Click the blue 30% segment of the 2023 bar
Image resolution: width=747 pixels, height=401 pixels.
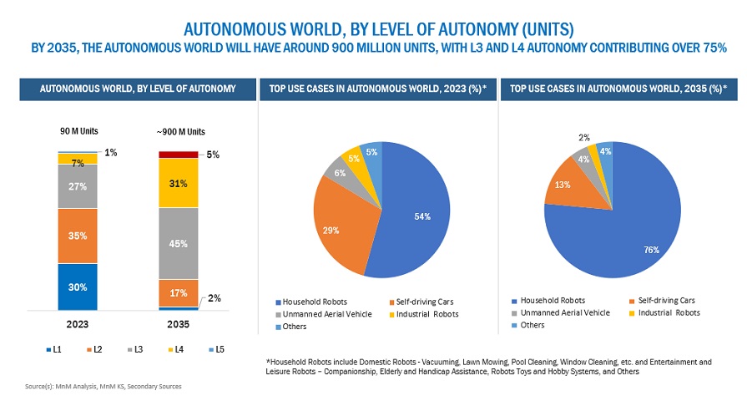pos(78,287)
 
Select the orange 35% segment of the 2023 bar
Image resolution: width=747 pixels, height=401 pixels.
pos(78,236)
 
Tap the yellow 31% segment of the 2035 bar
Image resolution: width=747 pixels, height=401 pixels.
pos(178,183)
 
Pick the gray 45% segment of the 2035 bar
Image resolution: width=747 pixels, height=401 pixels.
pos(178,243)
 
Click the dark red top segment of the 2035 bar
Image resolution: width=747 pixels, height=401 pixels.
pos(178,155)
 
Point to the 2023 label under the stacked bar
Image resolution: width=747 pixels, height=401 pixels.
pos(78,323)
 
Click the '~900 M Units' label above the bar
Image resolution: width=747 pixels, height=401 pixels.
pos(181,131)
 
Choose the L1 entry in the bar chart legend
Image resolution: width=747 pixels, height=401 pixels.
pos(53,348)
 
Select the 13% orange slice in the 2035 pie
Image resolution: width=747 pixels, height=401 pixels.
pos(563,185)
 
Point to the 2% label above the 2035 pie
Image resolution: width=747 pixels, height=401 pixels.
pos(584,137)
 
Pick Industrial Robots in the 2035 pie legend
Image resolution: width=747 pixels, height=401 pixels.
pos(669,312)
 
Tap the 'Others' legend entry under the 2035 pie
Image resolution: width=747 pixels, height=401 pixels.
pos(532,324)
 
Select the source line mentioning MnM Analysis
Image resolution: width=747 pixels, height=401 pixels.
pos(103,386)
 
